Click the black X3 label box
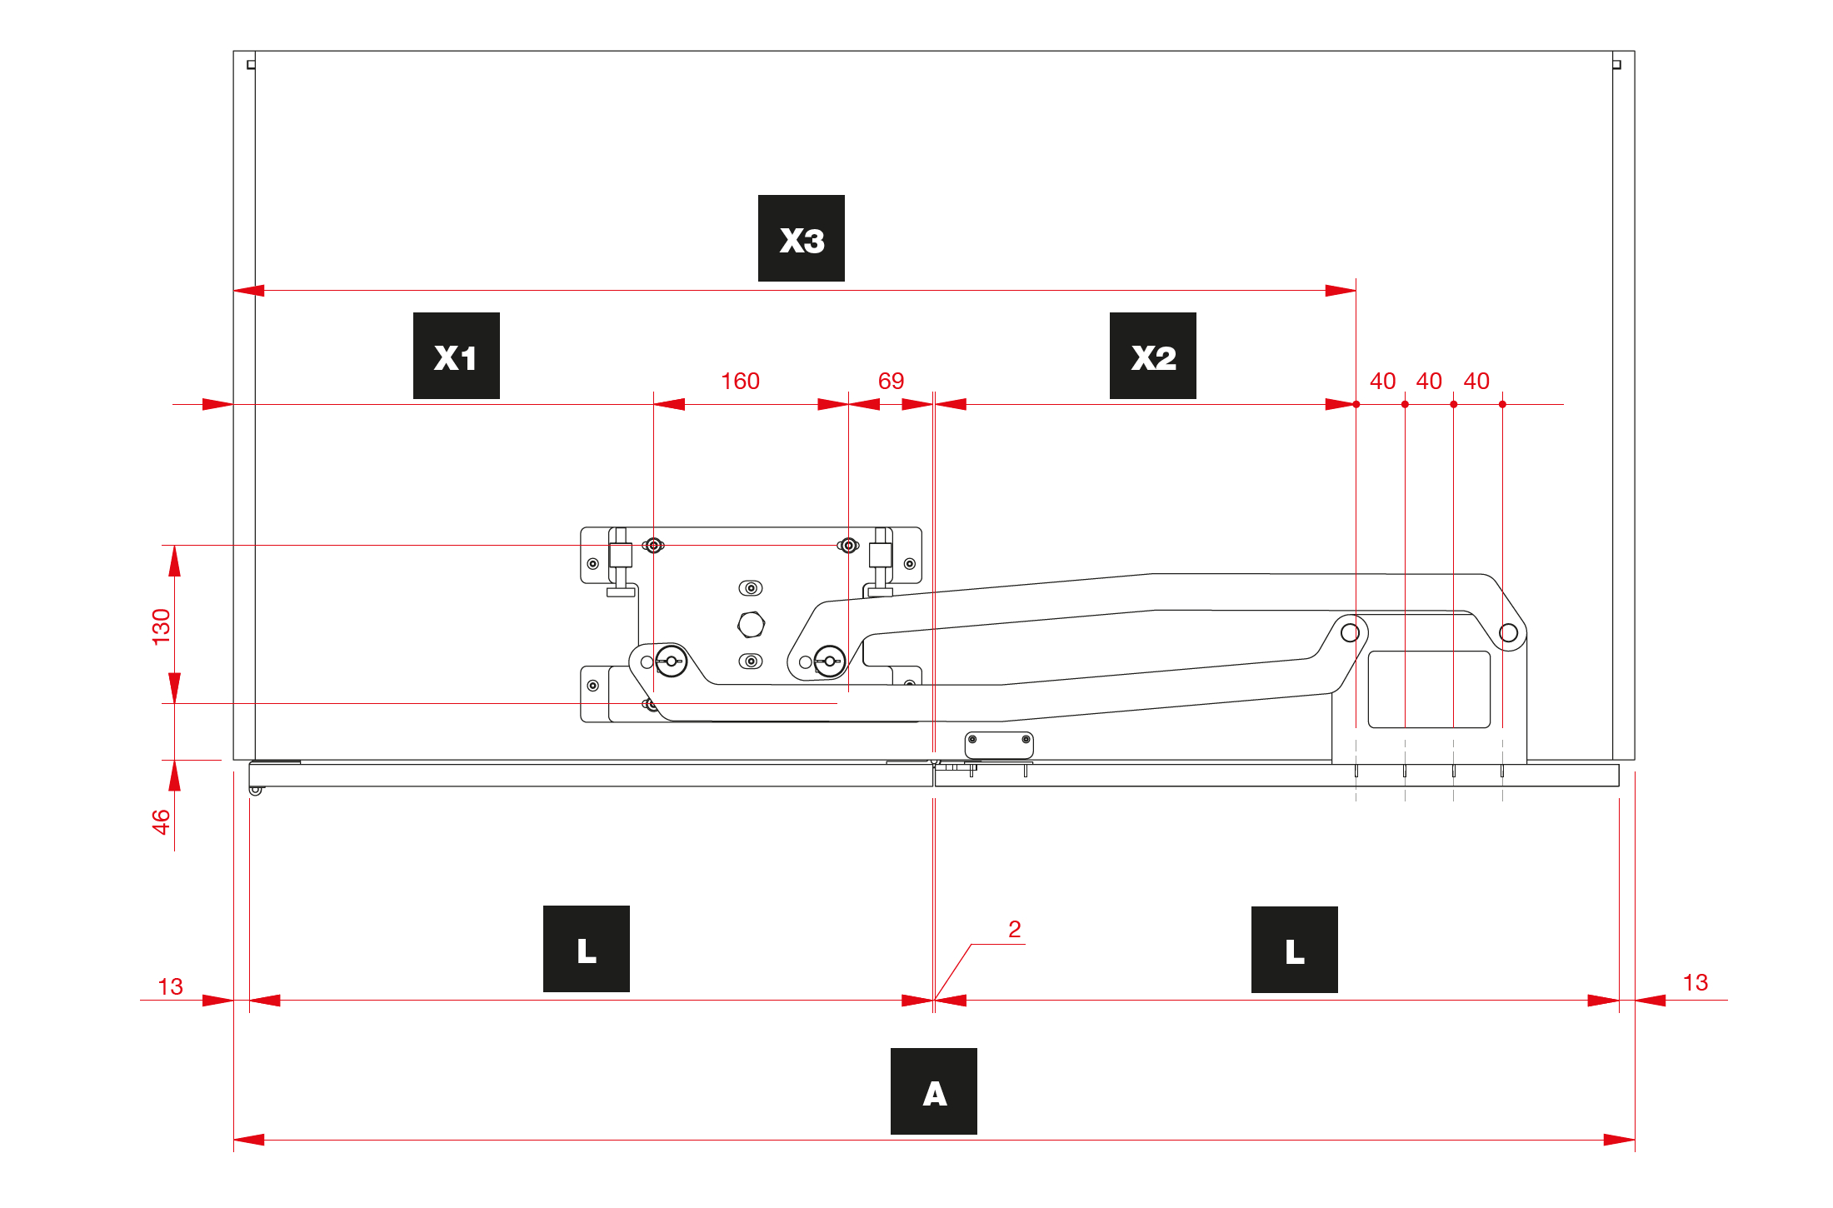pyautogui.click(x=801, y=238)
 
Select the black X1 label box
pyautogui.click(x=457, y=356)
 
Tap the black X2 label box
pyautogui.click(x=1153, y=356)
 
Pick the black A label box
pyautogui.click(x=934, y=1091)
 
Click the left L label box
pyautogui.click(x=587, y=949)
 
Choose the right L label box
pyautogui.click(x=1295, y=950)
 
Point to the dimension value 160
pyautogui.click(x=740, y=382)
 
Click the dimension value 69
pyautogui.click(x=891, y=382)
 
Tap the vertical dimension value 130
pyautogui.click(x=162, y=626)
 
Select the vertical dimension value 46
pyautogui.click(x=162, y=821)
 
